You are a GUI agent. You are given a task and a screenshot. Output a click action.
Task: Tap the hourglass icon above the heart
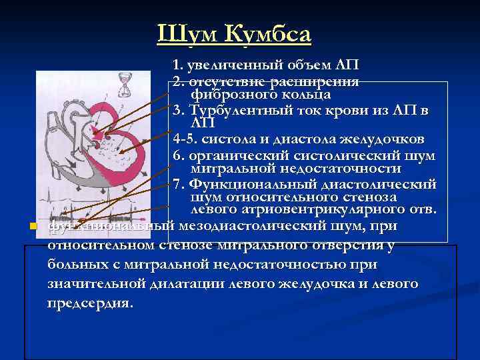point(124,83)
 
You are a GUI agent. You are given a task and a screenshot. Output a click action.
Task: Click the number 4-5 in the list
point(185,139)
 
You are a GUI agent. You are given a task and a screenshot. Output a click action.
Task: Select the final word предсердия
point(90,303)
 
